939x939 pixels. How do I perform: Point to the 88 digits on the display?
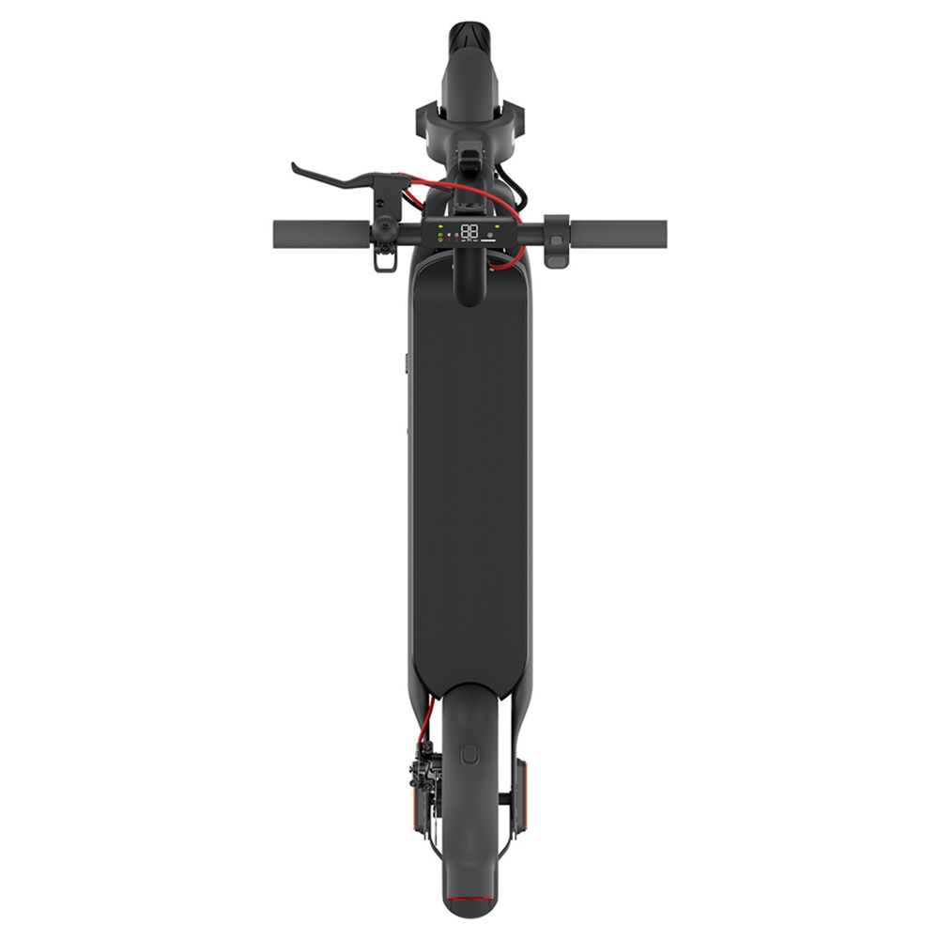pos(469,230)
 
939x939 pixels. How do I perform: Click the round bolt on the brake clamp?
pos(382,228)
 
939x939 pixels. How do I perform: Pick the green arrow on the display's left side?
pos(440,227)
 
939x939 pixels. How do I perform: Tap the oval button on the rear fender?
pos(469,753)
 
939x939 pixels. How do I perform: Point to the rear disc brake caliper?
pos(423,770)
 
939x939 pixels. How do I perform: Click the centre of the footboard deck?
pos(469,488)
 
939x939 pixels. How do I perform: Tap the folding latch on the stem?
pos(469,155)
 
